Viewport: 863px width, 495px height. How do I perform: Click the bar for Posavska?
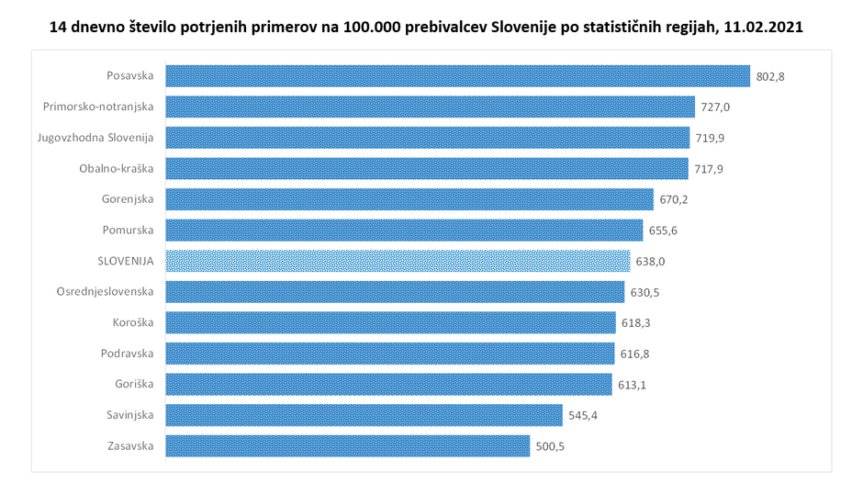(457, 76)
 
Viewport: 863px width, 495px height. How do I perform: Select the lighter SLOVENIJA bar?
(398, 262)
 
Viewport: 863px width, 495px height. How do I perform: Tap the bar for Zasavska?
(347, 446)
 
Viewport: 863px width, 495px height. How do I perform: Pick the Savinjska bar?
(364, 416)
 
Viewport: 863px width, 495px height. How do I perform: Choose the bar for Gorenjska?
(409, 200)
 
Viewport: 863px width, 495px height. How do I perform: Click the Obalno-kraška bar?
(426, 169)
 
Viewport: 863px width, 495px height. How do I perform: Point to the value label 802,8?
(770, 76)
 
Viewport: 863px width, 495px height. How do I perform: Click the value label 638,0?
(649, 262)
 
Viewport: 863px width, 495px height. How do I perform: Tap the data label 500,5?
(549, 447)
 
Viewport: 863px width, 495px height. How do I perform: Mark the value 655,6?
(662, 231)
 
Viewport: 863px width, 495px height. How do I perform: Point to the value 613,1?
(631, 385)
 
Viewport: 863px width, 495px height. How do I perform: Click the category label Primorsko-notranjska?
(98, 107)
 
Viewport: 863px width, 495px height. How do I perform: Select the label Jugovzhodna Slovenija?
(95, 138)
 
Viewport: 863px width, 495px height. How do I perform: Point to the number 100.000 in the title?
(372, 28)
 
